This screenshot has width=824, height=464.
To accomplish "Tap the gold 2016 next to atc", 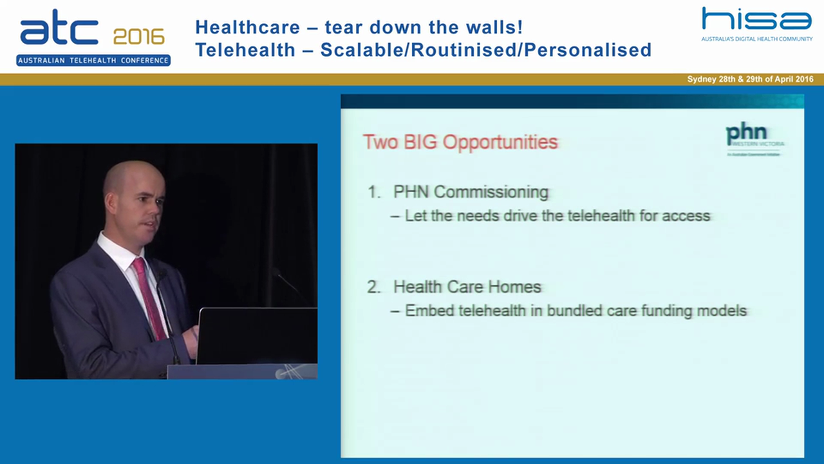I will click(x=138, y=36).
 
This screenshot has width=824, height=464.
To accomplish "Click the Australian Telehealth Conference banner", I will click(x=93, y=61).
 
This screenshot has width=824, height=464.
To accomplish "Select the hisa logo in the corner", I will click(x=756, y=19).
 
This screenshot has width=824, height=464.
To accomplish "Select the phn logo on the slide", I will click(x=747, y=135).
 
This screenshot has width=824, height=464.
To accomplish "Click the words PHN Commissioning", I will click(x=471, y=192).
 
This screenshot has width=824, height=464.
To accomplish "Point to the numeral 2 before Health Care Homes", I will click(x=373, y=287).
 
